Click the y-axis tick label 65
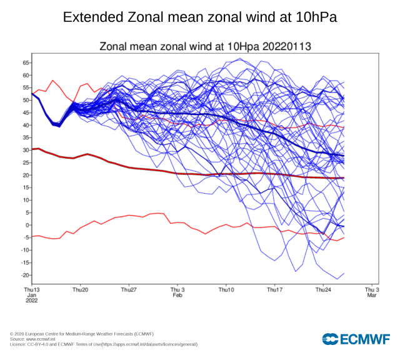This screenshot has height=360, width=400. click(26, 63)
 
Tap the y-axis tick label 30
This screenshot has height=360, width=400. click(26, 150)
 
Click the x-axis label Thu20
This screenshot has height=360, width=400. click(80, 290)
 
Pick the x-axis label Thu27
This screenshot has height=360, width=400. click(128, 290)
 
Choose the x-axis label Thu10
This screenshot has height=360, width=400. click(226, 290)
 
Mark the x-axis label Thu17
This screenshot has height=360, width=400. click(274, 290)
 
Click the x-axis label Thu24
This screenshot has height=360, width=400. click(323, 290)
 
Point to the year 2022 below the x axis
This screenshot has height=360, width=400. click(31, 301)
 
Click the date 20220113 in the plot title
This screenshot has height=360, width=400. click(287, 47)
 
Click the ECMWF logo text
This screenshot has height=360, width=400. click(365, 339)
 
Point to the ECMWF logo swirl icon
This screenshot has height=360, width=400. click(330, 339)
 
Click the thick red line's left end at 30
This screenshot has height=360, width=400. click(32, 149)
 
